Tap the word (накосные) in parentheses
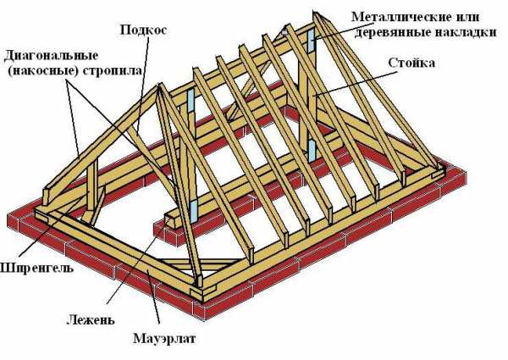point(41,70)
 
